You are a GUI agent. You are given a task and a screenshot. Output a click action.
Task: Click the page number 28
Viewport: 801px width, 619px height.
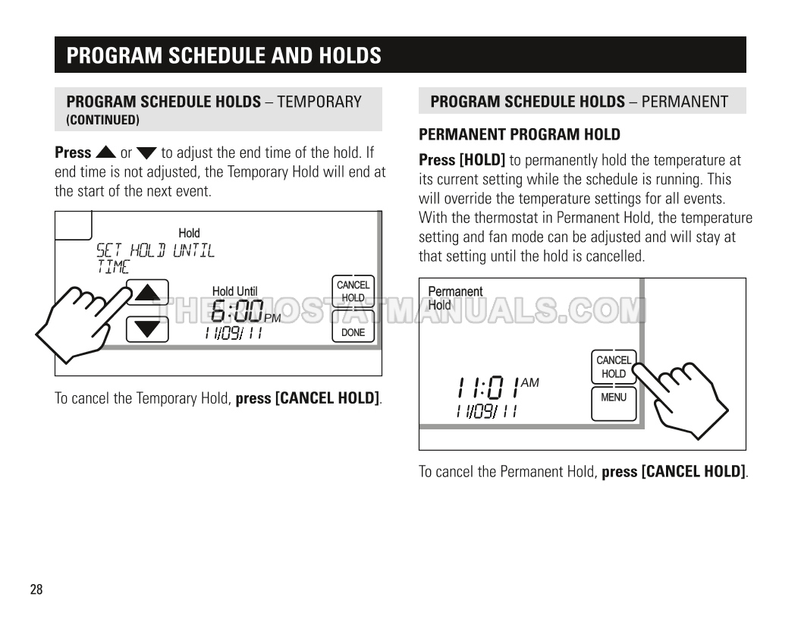click(36, 589)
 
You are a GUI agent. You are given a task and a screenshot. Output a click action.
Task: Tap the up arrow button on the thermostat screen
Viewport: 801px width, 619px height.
click(148, 292)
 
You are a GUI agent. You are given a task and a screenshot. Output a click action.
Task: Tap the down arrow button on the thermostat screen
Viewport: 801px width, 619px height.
click(148, 329)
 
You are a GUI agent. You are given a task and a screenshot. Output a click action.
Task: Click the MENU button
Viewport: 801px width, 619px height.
click(614, 404)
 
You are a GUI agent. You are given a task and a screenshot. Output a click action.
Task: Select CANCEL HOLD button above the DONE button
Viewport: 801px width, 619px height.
click(353, 291)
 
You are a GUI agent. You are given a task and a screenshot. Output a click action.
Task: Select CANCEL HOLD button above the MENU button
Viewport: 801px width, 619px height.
click(614, 366)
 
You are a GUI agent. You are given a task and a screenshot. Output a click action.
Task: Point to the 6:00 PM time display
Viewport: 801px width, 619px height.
click(245, 312)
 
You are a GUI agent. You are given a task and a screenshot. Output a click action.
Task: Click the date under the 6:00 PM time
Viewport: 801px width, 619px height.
click(234, 334)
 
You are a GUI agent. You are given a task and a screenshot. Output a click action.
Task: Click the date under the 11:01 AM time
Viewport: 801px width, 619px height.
click(486, 411)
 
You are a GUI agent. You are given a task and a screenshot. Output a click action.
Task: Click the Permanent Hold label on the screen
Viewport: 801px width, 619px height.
click(455, 298)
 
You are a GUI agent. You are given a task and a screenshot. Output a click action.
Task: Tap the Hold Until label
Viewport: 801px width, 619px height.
click(235, 291)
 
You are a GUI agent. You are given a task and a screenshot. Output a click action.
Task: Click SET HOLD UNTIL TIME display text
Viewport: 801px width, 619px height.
click(155, 259)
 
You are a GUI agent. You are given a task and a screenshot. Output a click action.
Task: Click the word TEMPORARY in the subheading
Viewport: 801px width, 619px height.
click(319, 102)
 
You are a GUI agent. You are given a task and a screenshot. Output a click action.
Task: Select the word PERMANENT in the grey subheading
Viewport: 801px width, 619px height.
click(684, 102)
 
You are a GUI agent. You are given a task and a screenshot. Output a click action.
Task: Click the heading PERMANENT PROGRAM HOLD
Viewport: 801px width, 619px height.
click(520, 134)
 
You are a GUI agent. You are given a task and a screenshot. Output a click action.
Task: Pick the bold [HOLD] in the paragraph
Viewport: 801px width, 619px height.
click(482, 160)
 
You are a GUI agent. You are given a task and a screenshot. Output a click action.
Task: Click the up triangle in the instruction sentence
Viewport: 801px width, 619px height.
click(105, 152)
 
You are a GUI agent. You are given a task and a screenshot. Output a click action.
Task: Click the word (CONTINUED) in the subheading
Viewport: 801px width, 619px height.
click(102, 120)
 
